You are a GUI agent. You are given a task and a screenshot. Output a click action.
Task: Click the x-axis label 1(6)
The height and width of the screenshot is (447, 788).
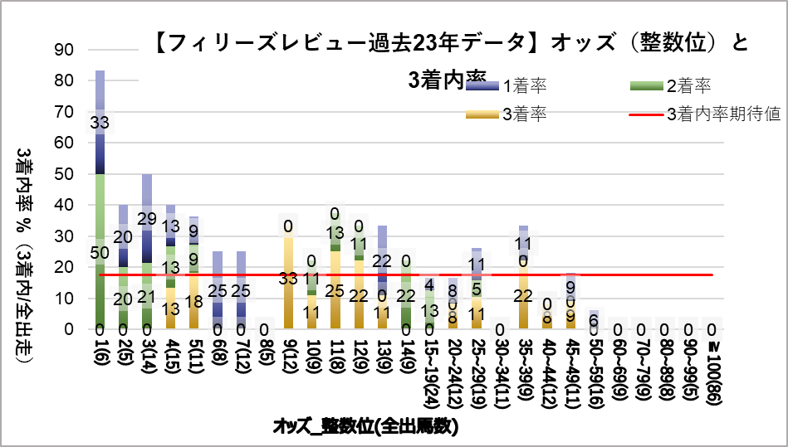tap(100, 356)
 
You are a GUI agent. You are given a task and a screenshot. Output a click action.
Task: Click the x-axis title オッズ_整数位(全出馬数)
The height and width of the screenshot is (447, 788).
tap(366, 426)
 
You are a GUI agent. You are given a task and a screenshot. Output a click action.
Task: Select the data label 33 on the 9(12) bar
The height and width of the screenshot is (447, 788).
tap(289, 279)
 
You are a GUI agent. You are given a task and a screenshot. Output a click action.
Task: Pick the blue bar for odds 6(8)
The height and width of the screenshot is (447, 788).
tap(218, 290)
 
